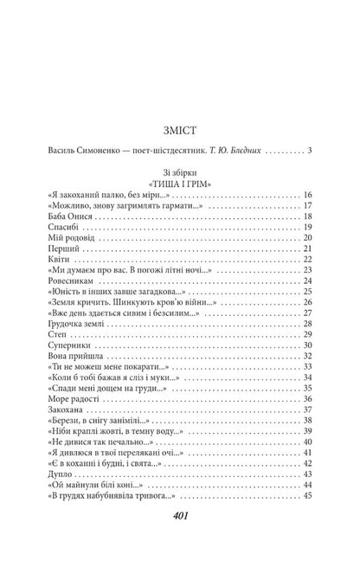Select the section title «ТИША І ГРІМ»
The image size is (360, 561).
(x=180, y=209)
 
